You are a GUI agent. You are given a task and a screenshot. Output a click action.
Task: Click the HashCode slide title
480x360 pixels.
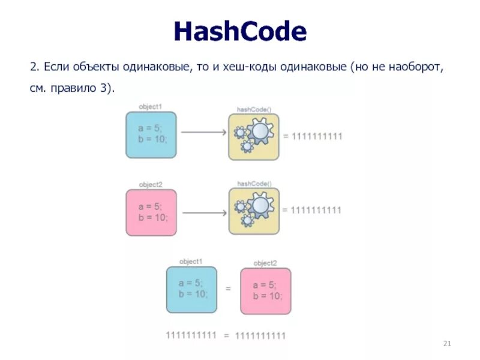click(x=240, y=31)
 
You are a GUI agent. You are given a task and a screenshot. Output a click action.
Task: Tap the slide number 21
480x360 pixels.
click(x=446, y=343)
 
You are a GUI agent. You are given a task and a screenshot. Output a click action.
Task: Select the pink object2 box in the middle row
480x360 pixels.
click(x=151, y=211)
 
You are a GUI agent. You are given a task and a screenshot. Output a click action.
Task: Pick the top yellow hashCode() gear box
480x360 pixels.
click(x=254, y=137)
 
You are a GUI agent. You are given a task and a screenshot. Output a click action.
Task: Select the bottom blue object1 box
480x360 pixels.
click(x=192, y=289)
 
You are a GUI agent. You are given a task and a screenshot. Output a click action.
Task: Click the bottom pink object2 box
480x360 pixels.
click(x=265, y=292)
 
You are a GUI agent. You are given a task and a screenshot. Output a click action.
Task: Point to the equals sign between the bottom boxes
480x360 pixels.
click(x=229, y=289)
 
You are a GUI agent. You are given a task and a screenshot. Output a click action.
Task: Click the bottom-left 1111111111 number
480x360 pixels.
click(x=191, y=335)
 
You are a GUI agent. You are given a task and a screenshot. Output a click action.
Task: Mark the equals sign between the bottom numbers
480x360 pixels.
click(x=227, y=335)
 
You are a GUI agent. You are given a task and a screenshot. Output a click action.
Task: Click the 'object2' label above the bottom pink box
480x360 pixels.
click(x=265, y=263)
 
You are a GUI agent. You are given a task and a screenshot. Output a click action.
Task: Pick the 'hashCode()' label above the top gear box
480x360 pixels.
click(x=254, y=109)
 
